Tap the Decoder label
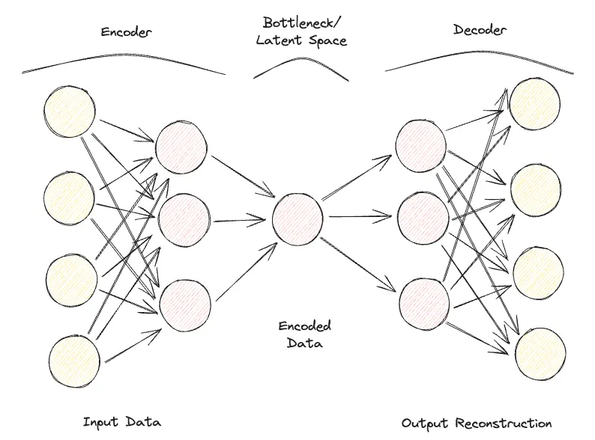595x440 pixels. (x=480, y=30)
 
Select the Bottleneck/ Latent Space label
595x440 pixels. (x=301, y=31)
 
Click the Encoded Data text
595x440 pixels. (x=304, y=334)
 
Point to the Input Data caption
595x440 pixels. (x=122, y=421)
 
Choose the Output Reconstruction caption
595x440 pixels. (x=477, y=423)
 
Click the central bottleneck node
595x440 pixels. (x=297, y=218)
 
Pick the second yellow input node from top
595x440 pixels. (x=70, y=196)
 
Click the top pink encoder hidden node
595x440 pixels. (x=181, y=146)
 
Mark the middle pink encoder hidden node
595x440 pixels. (x=184, y=219)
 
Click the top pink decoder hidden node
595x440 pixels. (x=420, y=144)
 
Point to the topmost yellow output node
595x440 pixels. (x=535, y=104)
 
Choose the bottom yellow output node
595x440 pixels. (x=538, y=351)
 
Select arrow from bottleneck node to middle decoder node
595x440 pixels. (x=360, y=218)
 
